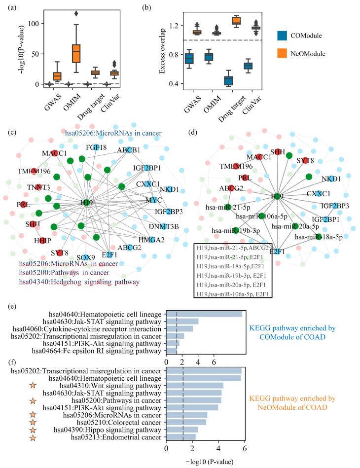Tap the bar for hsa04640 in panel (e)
pos(204,314)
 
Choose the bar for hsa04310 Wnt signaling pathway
pos(195,385)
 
